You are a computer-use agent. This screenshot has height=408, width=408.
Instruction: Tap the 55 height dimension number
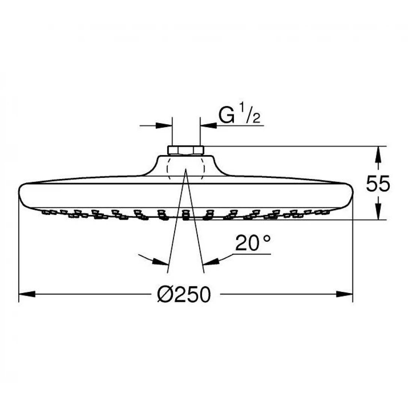pyautogui.click(x=378, y=184)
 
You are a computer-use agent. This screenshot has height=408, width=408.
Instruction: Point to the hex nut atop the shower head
pyautogui.click(x=186, y=150)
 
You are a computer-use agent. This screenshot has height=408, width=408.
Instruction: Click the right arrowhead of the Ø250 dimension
pyautogui.click(x=345, y=294)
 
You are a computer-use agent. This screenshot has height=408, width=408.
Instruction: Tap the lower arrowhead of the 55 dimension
pyautogui.click(x=378, y=212)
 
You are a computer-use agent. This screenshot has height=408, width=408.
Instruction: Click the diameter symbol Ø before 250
pyautogui.click(x=165, y=295)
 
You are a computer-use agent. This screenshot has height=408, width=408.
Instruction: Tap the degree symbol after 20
pyautogui.click(x=266, y=240)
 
